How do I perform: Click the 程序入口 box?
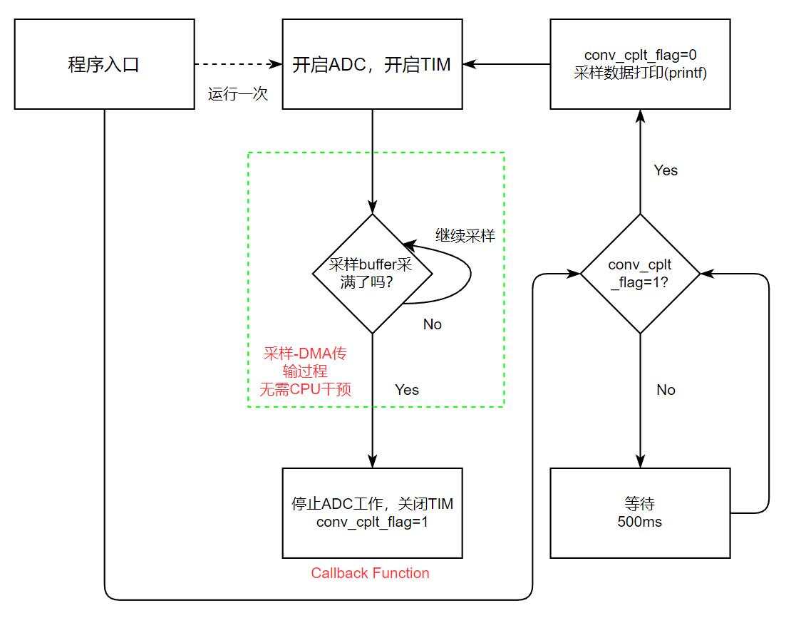104,64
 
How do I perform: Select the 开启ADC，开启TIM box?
372,64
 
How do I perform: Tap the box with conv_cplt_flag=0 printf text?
640,64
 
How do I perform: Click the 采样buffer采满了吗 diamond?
372,273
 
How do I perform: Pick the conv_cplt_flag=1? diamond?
640,273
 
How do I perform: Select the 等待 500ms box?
640,513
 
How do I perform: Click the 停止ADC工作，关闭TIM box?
372,513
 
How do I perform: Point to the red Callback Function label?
370,573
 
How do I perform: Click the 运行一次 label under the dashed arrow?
238,94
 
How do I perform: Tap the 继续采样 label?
465,236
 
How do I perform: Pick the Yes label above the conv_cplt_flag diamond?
666,170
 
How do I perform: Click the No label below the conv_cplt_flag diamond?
666,390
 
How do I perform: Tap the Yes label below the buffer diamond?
407,390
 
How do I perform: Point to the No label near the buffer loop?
432,324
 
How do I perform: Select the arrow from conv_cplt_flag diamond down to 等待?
640,399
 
